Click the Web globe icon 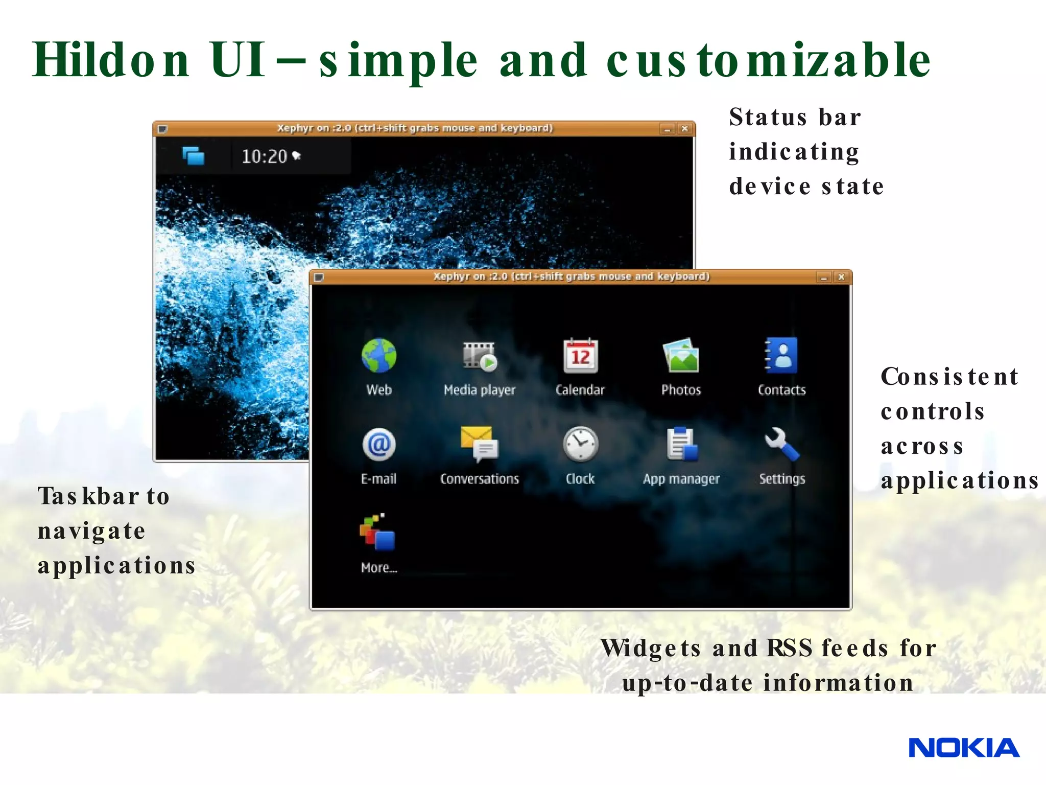point(378,356)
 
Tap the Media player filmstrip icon point(479,356)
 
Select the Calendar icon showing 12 point(580,356)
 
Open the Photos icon point(681,356)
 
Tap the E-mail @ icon point(378,445)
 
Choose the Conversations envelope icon point(479,445)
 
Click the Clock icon point(580,445)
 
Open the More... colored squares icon point(377,533)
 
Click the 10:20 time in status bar point(265,156)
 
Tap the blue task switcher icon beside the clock point(194,155)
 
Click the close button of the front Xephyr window point(841,277)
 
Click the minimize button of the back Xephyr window point(667,129)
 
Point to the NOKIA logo point(963,748)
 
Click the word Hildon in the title point(111,60)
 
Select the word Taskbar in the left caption point(88,496)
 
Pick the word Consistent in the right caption point(949,377)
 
